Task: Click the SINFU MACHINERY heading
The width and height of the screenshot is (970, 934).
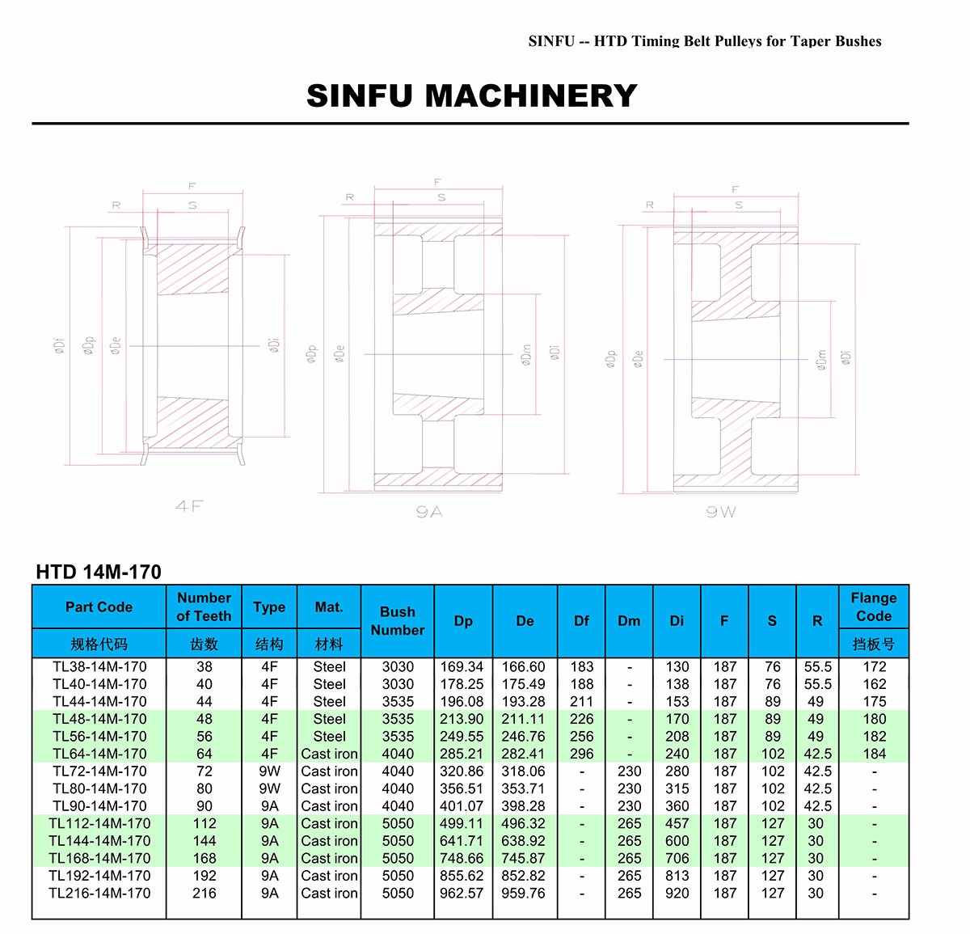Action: pos(472,95)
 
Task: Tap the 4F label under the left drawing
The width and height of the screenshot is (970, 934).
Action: pos(189,506)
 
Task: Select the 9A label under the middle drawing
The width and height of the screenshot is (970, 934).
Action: pos(429,511)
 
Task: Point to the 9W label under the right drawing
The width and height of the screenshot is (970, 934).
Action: pos(720,511)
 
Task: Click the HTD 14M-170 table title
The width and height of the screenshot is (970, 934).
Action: pos(99,572)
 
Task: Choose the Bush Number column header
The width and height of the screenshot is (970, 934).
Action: pos(397,621)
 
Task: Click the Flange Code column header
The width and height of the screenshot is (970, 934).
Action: pos(874,606)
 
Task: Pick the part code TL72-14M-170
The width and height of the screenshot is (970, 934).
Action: pos(99,771)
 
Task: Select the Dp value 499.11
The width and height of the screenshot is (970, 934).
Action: pos(462,823)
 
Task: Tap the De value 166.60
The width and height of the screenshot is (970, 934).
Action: pos(524,667)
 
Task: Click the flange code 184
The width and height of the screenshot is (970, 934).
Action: pos(874,754)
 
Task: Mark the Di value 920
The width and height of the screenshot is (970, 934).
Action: pos(677,893)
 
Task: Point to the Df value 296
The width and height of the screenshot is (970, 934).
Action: pos(581,754)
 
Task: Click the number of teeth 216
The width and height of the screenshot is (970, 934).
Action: pos(205,893)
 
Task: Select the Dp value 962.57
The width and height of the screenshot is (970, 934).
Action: pos(462,893)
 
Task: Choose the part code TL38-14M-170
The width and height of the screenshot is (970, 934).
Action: pos(99,667)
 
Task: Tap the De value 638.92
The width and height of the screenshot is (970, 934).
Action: pos(524,841)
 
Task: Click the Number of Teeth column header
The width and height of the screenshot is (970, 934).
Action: pos(204,606)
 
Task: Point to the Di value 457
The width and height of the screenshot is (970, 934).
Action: pos(677,823)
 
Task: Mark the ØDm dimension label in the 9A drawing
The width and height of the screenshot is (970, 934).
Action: pos(526,355)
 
